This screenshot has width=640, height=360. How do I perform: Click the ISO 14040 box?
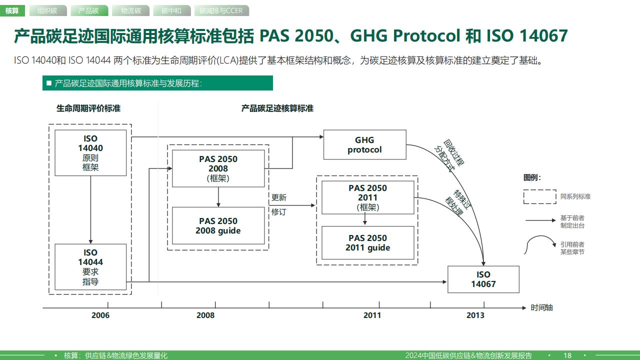click(x=90, y=153)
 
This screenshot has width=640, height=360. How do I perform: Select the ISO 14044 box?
click(x=90, y=267)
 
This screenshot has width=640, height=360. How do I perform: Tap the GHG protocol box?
click(x=365, y=144)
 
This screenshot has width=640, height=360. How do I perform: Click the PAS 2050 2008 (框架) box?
click(x=218, y=168)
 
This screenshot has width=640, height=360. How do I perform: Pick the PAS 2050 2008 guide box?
click(x=218, y=225)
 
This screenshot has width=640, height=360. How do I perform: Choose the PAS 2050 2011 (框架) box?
click(x=368, y=197)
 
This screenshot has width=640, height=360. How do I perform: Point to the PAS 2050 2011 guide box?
click(x=368, y=243)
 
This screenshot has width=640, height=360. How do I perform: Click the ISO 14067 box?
click(x=483, y=279)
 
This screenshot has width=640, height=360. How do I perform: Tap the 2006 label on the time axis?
click(x=100, y=315)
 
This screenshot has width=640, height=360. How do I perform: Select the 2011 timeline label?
click(x=372, y=315)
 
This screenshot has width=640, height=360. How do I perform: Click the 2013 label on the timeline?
click(x=475, y=315)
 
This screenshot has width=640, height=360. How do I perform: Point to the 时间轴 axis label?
click(x=541, y=307)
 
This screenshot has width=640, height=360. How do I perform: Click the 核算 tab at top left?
click(x=12, y=11)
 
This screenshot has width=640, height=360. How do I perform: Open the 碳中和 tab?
click(x=171, y=11)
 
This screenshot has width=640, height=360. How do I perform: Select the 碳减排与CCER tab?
click(x=221, y=11)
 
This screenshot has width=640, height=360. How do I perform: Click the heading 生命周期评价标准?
click(x=88, y=108)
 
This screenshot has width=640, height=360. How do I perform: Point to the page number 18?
click(x=567, y=355)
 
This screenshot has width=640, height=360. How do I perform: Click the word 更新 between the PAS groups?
click(x=279, y=197)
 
